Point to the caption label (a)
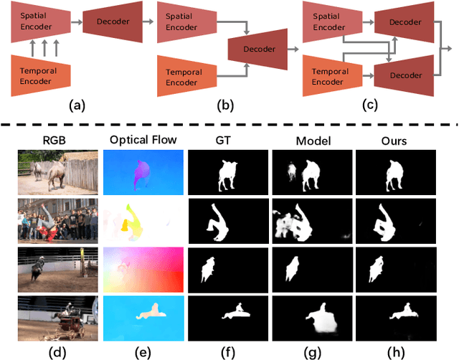[x=77, y=105]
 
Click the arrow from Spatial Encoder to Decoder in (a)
[x=77, y=22]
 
